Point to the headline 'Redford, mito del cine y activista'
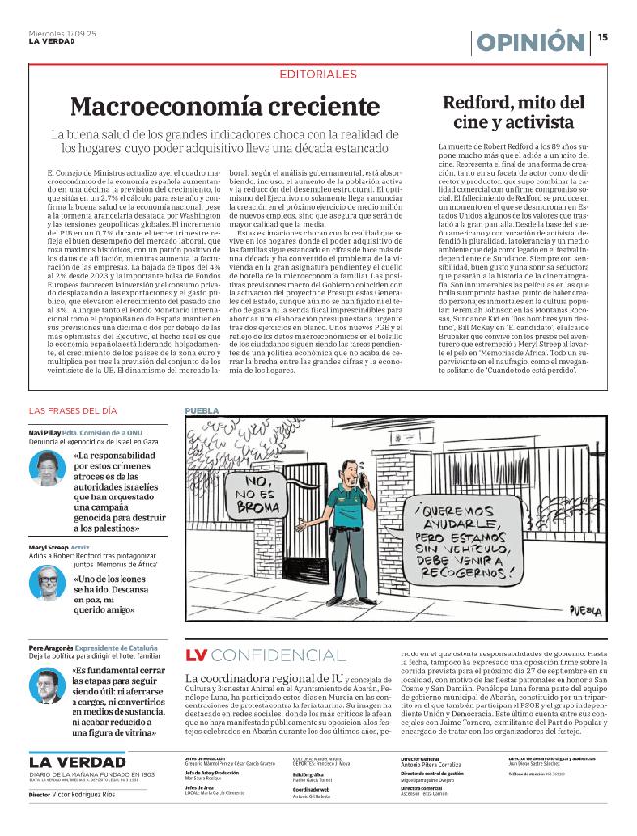pos(514,113)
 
